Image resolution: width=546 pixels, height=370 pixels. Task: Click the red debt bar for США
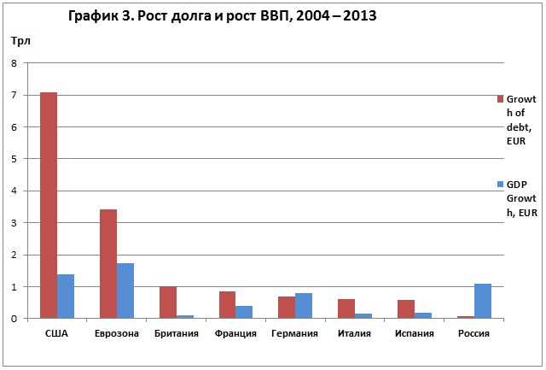coord(49,205)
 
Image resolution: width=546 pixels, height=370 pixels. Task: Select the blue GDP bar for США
coord(66,297)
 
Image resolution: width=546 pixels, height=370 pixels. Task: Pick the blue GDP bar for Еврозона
coord(125,291)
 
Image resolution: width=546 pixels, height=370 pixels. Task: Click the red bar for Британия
coord(168,302)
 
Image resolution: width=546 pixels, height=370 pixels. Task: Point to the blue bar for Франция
coord(244,312)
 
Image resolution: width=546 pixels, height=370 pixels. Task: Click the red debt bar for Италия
coord(346,308)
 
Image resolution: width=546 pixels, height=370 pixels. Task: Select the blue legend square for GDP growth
coord(501,184)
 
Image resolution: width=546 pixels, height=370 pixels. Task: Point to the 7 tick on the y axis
coord(14,95)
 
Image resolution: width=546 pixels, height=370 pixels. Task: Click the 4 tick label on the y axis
coord(14,191)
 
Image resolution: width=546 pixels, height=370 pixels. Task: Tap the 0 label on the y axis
coord(14,319)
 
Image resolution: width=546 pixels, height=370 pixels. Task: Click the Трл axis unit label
coord(20,41)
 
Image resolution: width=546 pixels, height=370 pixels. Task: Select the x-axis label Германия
coord(295,334)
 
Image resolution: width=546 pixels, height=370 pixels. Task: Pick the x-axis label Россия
coord(474,334)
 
